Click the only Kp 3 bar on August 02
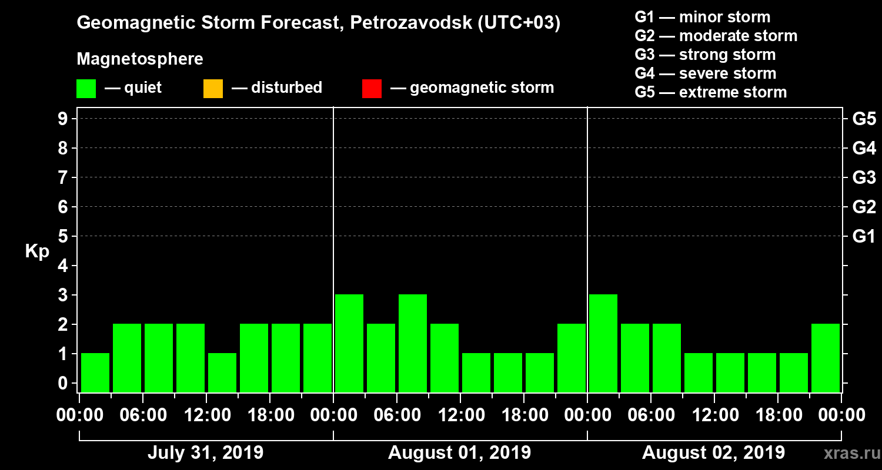pos(603,343)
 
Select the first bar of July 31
pos(95,372)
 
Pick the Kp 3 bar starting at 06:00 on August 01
pos(413,343)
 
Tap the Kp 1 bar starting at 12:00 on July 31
pos(222,372)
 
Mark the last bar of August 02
pos(826,358)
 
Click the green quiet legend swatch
pos(86,89)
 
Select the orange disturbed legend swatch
pos(213,89)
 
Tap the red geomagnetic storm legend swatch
pos(372,89)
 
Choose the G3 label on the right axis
pos(864,177)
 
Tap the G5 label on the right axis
pos(864,119)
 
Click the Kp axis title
pos(37,251)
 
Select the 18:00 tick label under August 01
pos(523,415)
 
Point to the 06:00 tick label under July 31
pos(142,415)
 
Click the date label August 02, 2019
pos(713,453)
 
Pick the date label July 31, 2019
pos(205,453)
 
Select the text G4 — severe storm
pos(706,73)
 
